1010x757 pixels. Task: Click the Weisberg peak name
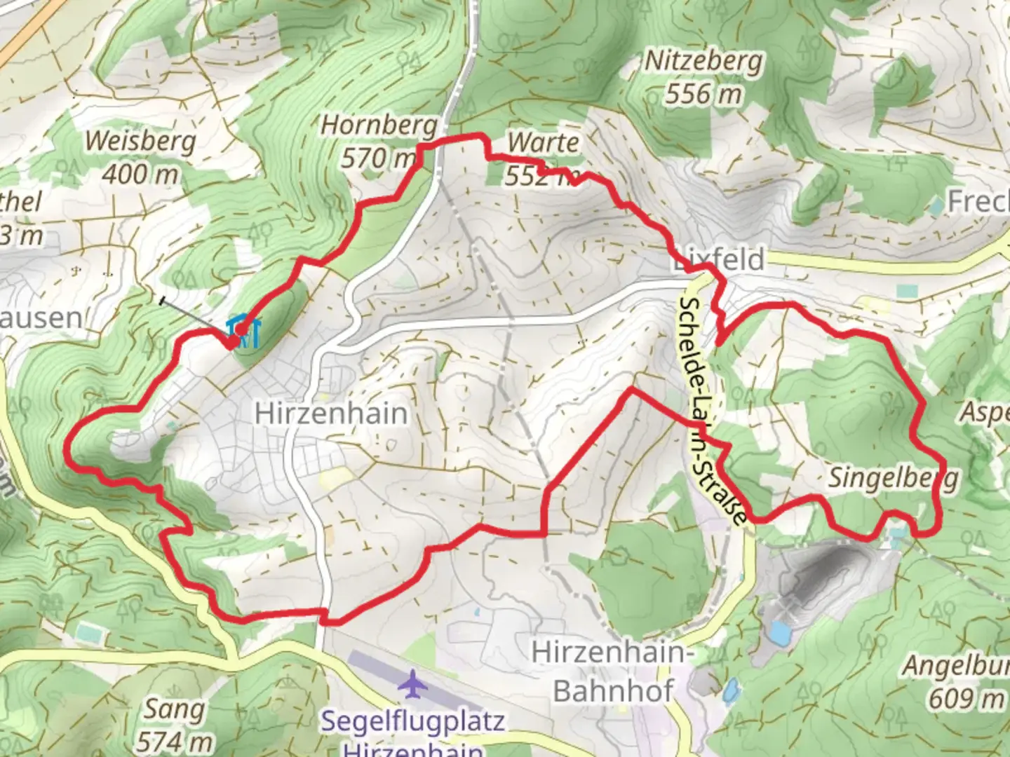pyautogui.click(x=140, y=142)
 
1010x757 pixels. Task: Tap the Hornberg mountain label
pyautogui.click(x=379, y=126)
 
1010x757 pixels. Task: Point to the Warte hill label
pyautogui.click(x=543, y=142)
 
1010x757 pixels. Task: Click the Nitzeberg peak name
pyautogui.click(x=703, y=62)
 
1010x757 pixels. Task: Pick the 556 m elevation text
pyautogui.click(x=703, y=93)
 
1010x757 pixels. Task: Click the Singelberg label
pyautogui.click(x=892, y=478)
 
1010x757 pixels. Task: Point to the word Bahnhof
pyautogui.click(x=613, y=690)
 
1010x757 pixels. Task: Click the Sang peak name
pyautogui.click(x=174, y=709)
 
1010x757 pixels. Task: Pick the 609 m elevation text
pyautogui.click(x=967, y=698)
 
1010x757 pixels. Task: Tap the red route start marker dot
pyautogui.click(x=241, y=329)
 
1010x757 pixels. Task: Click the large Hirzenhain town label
pyautogui.click(x=330, y=413)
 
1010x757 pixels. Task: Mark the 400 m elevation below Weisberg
pyautogui.click(x=140, y=173)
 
